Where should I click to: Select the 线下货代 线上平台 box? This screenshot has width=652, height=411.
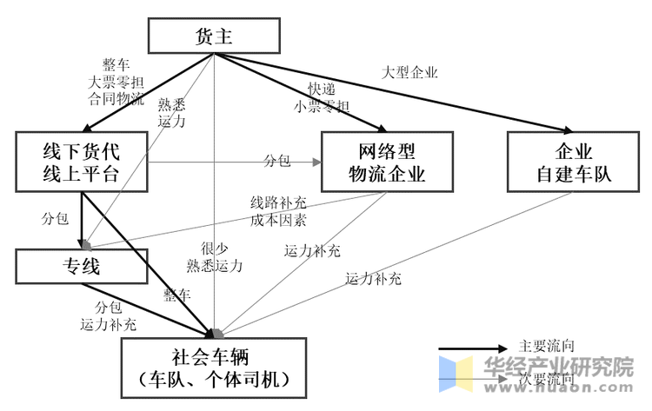tap(81, 161)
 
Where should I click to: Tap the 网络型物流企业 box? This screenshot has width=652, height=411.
tap(387, 161)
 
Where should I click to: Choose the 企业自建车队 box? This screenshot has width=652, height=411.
tap(572, 161)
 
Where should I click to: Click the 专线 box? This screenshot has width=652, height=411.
tap(81, 266)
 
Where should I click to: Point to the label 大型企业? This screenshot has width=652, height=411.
tap(409, 72)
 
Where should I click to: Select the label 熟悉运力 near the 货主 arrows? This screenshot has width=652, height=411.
tap(171, 112)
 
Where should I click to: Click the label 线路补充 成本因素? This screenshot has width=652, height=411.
tap(278, 210)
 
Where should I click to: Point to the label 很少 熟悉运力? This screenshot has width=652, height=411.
tap(214, 256)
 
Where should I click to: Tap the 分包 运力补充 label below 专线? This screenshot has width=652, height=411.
tap(109, 316)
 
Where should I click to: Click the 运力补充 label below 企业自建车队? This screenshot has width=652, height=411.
tap(373, 279)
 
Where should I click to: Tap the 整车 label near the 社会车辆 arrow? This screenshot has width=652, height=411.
tap(176, 295)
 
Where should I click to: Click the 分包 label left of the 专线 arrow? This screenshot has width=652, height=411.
tap(55, 218)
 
